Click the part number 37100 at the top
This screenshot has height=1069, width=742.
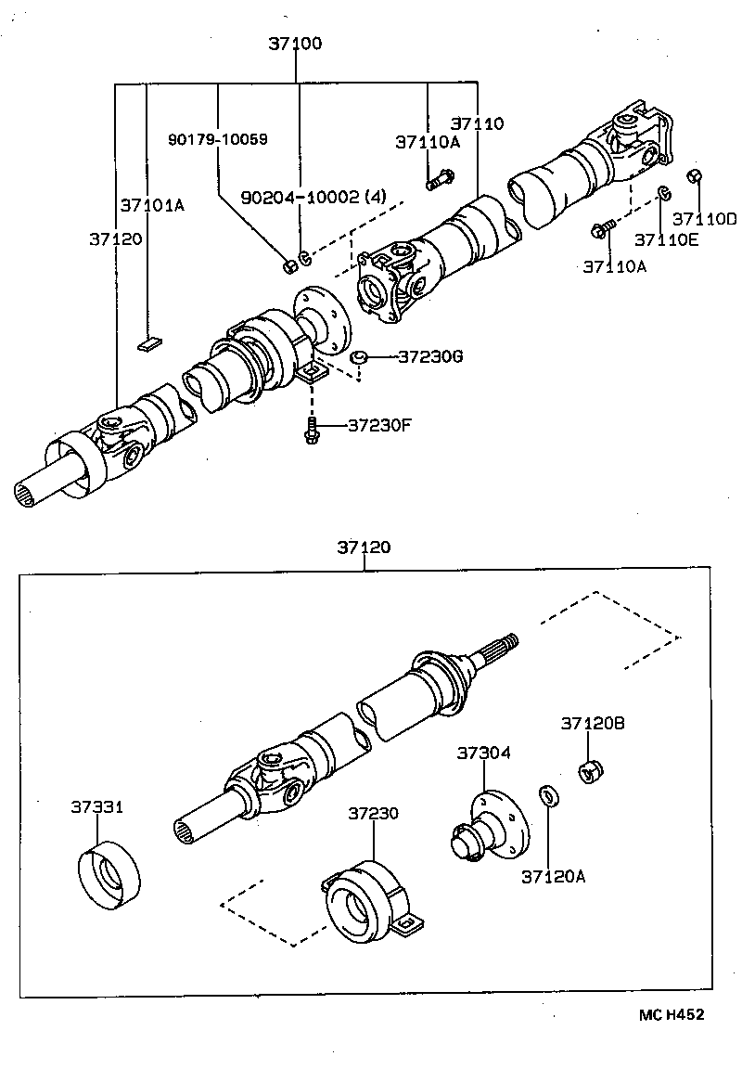point(297,44)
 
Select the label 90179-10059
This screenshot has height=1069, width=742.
point(218,139)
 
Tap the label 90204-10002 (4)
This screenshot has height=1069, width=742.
point(313,198)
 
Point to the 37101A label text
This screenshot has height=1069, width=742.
point(152,204)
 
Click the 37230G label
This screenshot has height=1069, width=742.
point(430,356)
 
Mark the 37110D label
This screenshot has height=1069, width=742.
point(705,220)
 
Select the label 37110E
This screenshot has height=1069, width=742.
point(666,240)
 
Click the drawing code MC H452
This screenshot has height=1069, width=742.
point(671,1014)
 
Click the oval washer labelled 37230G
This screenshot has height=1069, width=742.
point(360,357)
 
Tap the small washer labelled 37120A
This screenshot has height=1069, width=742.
point(548,795)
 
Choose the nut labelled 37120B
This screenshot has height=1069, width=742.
point(591,769)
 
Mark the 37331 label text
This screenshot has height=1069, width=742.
point(96,806)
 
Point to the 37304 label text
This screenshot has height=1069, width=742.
point(482,753)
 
